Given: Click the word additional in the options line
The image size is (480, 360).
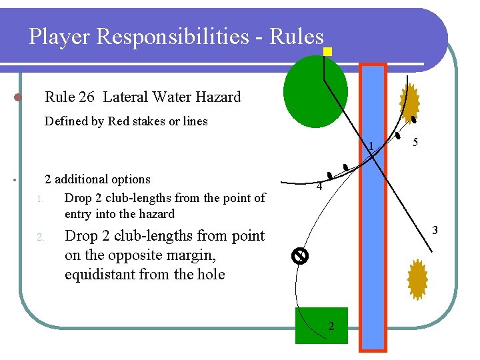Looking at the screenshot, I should tap(83, 179).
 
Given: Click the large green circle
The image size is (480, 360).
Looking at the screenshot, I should tap(315, 91).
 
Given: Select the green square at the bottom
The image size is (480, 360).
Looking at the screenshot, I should tap(321, 325).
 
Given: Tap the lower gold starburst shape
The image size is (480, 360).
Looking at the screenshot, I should tap(417, 279).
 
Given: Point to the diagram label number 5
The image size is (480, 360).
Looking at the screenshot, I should tap(415, 143).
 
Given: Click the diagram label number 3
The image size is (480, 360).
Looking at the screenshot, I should tap(435, 231).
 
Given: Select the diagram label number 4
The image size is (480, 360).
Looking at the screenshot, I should tap(319, 187).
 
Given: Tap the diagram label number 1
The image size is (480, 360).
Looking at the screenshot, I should tap(371, 147).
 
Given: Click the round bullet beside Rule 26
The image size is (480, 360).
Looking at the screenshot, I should tap(19, 97).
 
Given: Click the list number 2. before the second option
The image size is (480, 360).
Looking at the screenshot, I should tap(40, 237).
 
